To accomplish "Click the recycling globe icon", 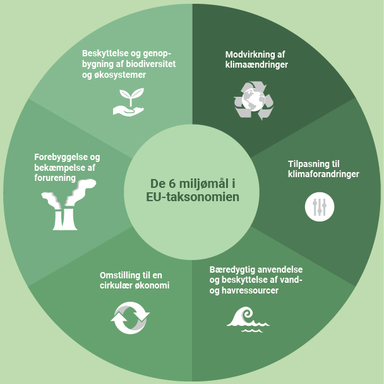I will pyautogui.click(x=253, y=100).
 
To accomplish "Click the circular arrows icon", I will pyautogui.click(x=130, y=316).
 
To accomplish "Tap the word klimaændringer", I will pyautogui.click(x=256, y=65).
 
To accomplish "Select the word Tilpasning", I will pyautogui.click(x=301, y=163).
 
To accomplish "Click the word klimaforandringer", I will pyautogui.click(x=323, y=174).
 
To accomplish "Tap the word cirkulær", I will pyautogui.click(x=117, y=285).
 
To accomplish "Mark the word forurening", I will pyautogui.click(x=55, y=178).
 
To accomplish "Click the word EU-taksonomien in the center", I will pyautogui.click(x=191, y=197).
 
